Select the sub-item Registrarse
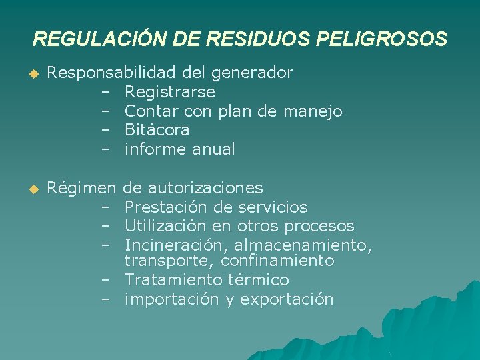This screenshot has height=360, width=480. (169, 91)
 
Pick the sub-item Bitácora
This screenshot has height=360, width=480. (157, 130)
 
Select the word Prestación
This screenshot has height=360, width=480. (162, 207)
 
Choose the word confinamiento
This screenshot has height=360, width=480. (280, 261)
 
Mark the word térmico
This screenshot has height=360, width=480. (258, 280)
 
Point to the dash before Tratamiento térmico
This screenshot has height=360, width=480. (105, 280)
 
